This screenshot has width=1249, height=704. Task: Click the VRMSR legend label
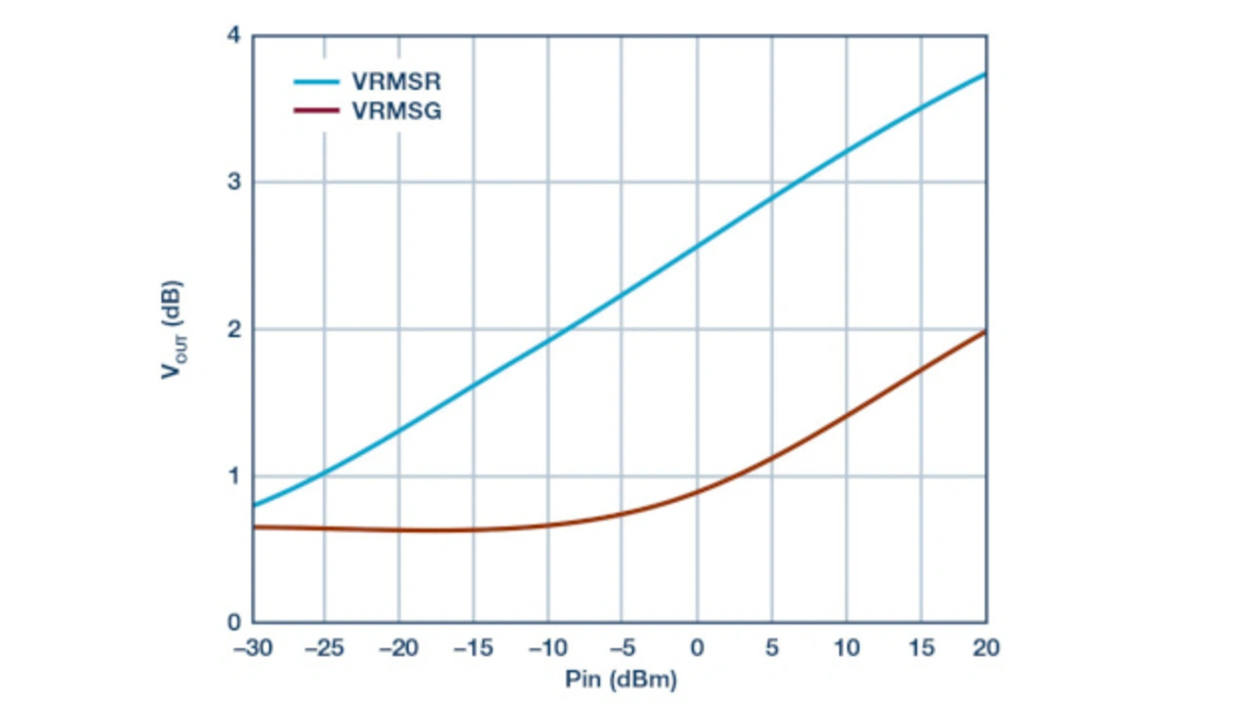(x=396, y=81)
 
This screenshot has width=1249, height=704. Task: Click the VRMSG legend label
(x=396, y=111)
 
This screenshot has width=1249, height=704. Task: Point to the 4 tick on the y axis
(x=235, y=35)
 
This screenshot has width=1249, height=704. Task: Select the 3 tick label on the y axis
(x=235, y=183)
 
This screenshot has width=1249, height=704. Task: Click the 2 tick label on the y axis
(x=235, y=330)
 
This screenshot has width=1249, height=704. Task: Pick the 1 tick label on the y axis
(x=235, y=476)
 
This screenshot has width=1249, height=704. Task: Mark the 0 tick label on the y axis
(x=235, y=623)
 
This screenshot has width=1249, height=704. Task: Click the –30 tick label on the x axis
(x=253, y=646)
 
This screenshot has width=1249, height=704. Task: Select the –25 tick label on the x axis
(x=324, y=646)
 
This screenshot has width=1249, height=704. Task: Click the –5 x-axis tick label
(x=622, y=646)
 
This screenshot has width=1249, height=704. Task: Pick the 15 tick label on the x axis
(x=920, y=646)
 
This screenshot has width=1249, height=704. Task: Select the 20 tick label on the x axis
(x=986, y=646)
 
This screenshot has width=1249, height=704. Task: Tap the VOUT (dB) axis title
(x=175, y=330)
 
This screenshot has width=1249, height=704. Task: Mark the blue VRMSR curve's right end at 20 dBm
(x=986, y=74)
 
